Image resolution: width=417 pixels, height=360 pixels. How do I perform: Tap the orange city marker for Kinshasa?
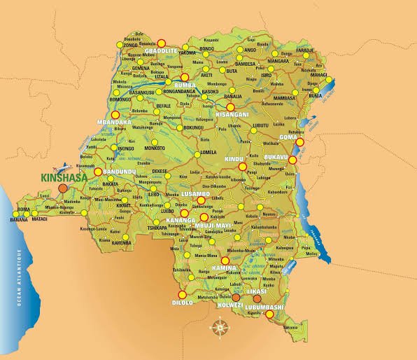[64, 188]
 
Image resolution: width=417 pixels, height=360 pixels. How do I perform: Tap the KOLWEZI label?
[232, 306]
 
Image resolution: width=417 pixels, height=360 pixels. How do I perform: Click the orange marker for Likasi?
[257, 298]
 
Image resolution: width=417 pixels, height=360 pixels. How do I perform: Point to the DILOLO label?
[182, 303]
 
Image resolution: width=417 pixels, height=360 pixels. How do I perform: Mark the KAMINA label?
[225, 268]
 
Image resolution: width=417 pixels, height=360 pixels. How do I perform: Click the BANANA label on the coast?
[19, 220]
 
